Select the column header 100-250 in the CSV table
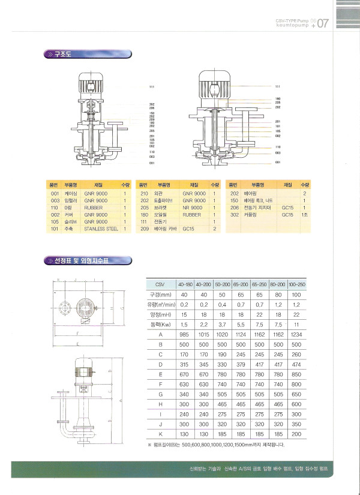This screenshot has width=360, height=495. click(296, 283)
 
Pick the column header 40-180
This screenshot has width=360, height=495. click(184, 283)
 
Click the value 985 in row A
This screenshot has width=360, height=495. click(184, 334)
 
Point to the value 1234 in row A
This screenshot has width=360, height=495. click(296, 334)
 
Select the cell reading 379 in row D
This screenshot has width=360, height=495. click(241, 364)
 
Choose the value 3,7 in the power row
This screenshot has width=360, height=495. click(221, 324)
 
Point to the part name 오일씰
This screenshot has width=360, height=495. click(163, 214)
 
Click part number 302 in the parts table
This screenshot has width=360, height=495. click(234, 214)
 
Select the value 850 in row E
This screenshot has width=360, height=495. click(296, 373)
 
